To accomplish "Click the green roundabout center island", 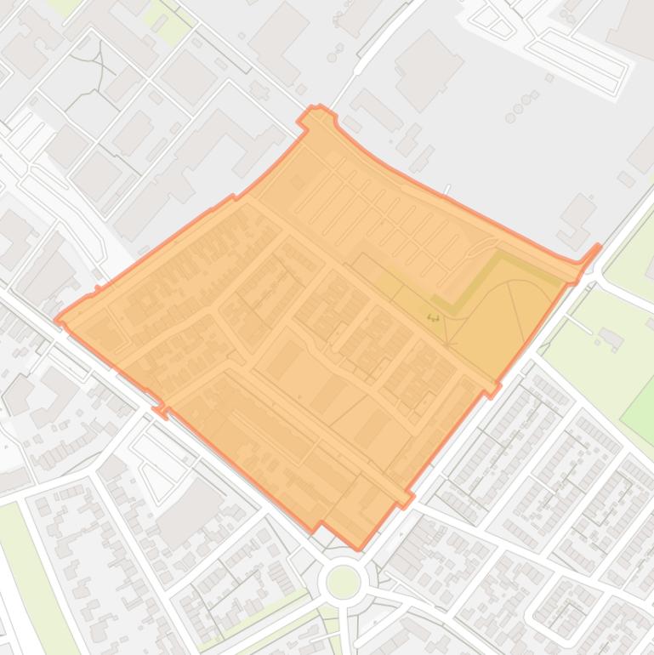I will click(344, 582).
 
